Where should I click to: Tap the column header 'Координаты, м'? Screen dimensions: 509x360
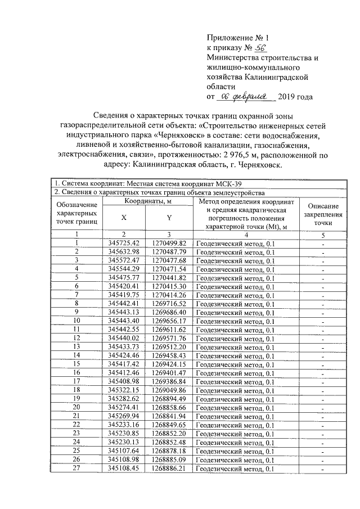coord(148,201)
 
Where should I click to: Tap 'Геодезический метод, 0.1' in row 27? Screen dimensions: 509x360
coord(236,469)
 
